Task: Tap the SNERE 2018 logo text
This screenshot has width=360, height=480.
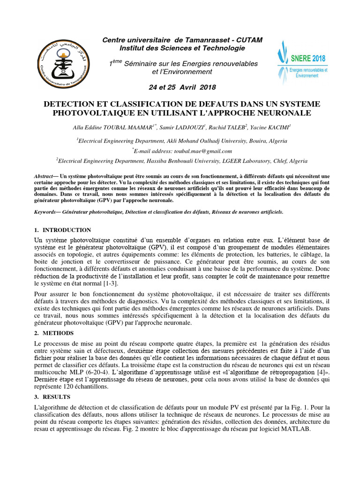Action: [307, 59]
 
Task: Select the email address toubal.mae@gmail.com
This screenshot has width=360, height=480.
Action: [204, 151]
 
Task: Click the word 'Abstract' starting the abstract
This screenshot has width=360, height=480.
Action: [44, 176]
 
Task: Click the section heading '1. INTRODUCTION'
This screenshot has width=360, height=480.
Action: [63, 230]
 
